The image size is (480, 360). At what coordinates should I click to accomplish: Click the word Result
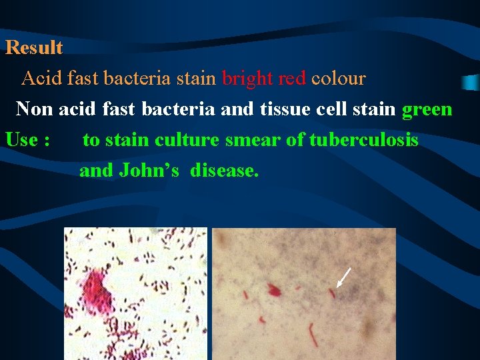coord(34,48)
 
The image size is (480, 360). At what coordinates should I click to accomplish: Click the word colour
coord(339,79)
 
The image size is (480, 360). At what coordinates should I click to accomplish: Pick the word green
coord(427,109)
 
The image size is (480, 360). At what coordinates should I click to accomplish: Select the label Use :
coord(28,140)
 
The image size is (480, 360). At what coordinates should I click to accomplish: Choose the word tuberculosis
coord(363,140)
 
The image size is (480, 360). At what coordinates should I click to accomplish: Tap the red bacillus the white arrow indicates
coord(332,292)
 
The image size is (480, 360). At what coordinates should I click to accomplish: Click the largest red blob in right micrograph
coord(273,289)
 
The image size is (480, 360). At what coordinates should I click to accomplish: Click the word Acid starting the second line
coord(42,79)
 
